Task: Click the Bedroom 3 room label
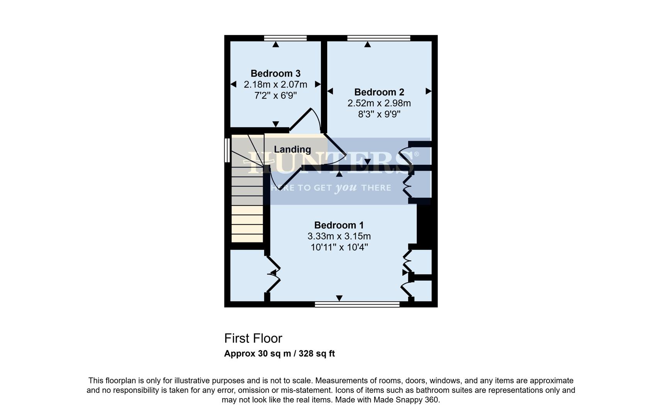[x=275, y=73]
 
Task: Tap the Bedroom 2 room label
[x=379, y=92]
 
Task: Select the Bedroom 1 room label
[x=339, y=225]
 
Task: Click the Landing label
[x=292, y=149]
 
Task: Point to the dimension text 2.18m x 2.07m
[x=275, y=84]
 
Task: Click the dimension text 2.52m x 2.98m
[x=379, y=103]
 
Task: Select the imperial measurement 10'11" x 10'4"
[x=339, y=247]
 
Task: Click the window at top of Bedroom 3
[x=285, y=38]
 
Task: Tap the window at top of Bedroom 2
[x=379, y=38]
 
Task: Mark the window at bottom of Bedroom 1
[x=357, y=305]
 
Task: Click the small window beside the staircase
[x=227, y=150]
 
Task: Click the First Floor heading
[x=253, y=338]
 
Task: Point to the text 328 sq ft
[x=316, y=354]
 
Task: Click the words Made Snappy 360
[x=406, y=400]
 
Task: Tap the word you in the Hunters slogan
[x=345, y=188]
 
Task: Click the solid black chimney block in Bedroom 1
[x=426, y=226]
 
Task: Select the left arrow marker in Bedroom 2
[x=330, y=91]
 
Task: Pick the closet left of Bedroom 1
[x=247, y=275]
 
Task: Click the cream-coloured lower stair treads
[x=247, y=224]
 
